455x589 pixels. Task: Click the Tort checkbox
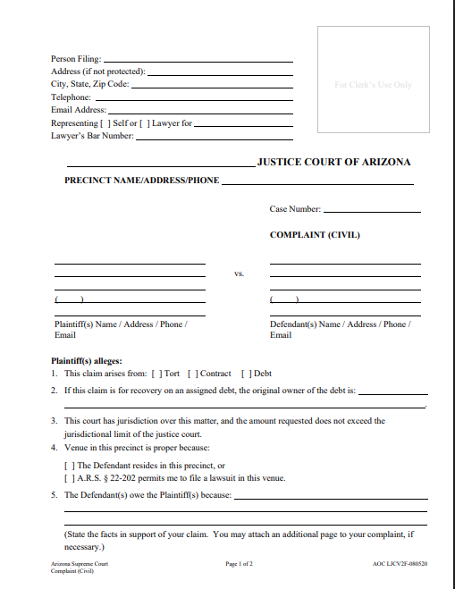click(158, 374)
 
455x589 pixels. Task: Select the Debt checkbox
click(248, 374)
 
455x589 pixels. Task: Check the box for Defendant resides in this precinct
click(69, 466)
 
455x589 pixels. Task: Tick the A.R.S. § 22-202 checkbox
click(69, 478)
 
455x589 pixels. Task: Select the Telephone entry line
click(193, 98)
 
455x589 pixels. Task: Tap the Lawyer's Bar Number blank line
click(215, 137)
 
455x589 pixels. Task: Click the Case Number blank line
click(372, 211)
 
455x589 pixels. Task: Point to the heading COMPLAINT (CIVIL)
click(315, 236)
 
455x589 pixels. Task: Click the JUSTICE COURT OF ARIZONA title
click(333, 163)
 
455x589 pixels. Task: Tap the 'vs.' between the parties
click(239, 273)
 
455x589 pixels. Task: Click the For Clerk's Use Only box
click(373, 85)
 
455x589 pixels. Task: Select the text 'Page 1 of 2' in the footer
click(240, 564)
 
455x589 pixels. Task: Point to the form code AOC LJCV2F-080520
click(400, 564)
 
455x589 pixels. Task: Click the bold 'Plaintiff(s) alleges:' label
click(87, 360)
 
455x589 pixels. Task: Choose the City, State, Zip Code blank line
click(212, 86)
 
